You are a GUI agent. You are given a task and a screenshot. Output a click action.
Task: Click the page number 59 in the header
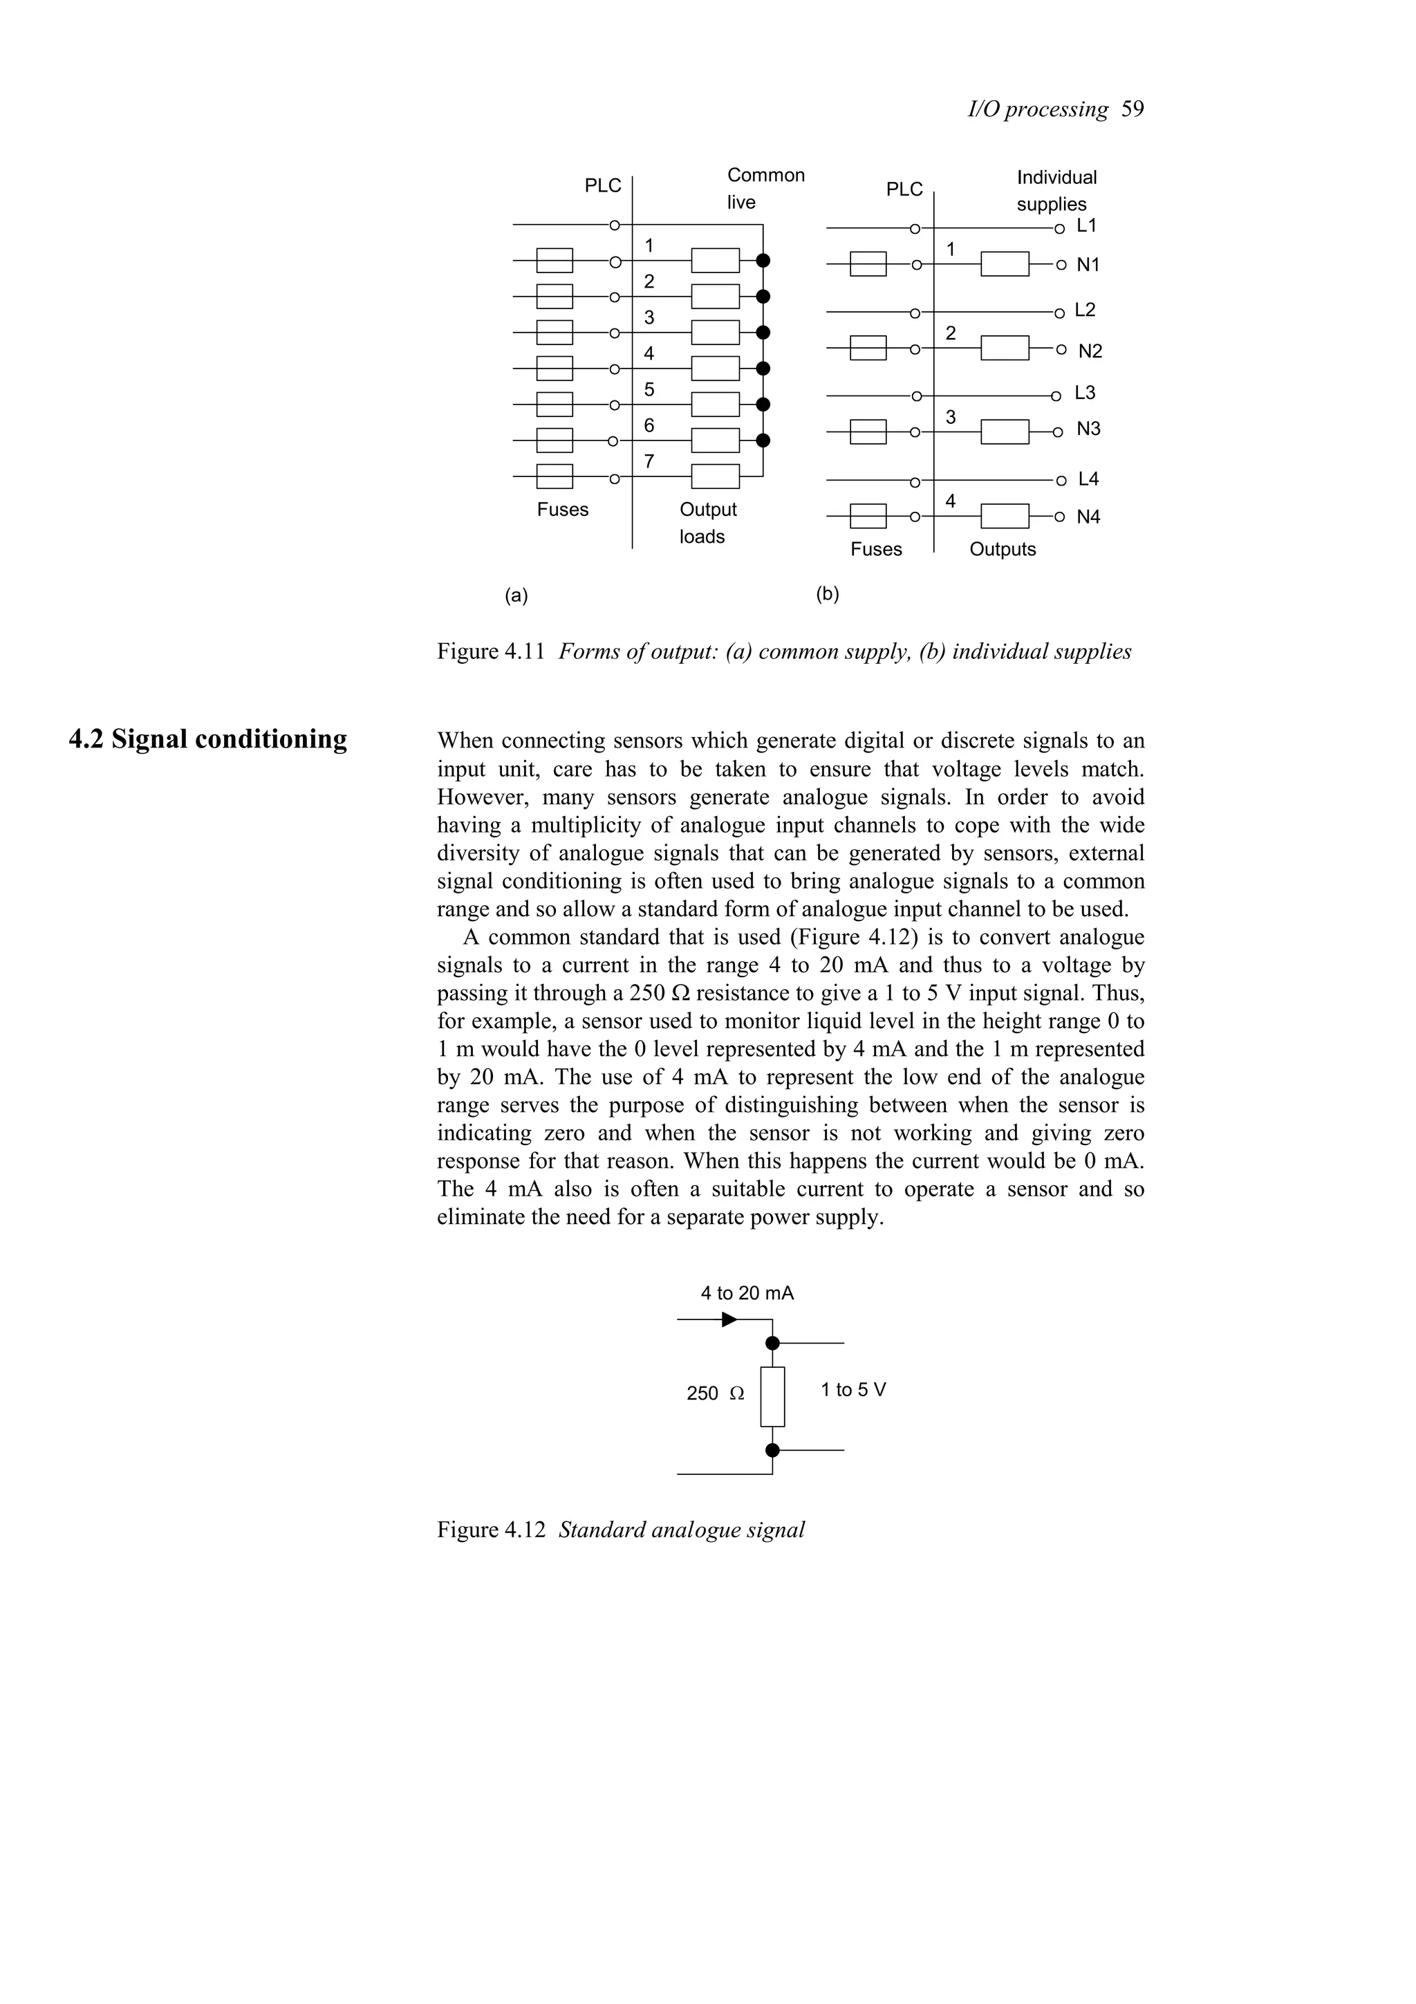pyautogui.click(x=1133, y=109)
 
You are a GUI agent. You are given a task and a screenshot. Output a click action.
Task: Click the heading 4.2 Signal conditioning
pyautogui.click(x=207, y=739)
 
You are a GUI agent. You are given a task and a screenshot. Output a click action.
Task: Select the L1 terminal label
pyautogui.click(x=1086, y=225)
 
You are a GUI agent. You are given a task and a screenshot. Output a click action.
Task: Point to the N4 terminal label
pyautogui.click(x=1088, y=517)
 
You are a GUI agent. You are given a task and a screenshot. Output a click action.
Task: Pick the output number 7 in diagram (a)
pyautogui.click(x=649, y=462)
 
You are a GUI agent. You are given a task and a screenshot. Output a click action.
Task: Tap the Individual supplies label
pyautogui.click(x=1056, y=190)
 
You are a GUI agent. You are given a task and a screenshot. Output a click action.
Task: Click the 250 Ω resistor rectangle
pyautogui.click(x=772, y=1397)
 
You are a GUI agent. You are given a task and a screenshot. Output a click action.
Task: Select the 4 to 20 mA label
pyautogui.click(x=747, y=1294)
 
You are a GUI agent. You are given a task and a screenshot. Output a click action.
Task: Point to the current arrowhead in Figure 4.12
pyautogui.click(x=729, y=1319)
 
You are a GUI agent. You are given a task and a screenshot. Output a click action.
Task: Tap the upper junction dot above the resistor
pyautogui.click(x=772, y=1344)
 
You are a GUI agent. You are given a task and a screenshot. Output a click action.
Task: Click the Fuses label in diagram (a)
pyautogui.click(x=563, y=509)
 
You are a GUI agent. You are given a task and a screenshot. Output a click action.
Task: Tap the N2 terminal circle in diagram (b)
pyautogui.click(x=1060, y=349)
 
